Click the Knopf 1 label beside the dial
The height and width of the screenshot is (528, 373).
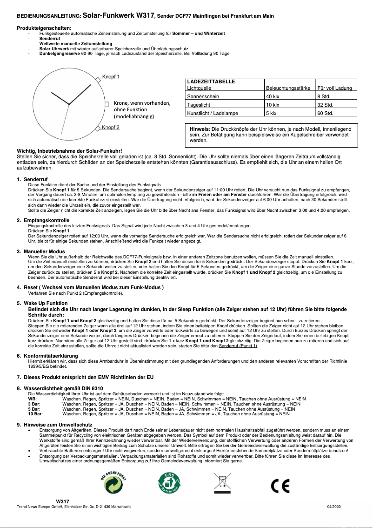point(111,77)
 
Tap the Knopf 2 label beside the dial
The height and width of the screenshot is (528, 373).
point(111,127)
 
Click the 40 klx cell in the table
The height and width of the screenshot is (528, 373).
point(272,96)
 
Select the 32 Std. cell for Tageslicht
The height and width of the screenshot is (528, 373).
point(325,105)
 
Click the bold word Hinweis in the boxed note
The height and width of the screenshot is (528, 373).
point(200,129)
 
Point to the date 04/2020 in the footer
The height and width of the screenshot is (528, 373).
point(334,506)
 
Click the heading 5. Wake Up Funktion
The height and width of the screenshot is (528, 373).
point(45,303)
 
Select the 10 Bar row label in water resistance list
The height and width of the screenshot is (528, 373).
point(35,413)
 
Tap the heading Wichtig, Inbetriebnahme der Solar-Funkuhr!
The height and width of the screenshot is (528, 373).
point(69,151)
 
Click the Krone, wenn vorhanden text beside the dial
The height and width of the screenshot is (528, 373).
point(142,103)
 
